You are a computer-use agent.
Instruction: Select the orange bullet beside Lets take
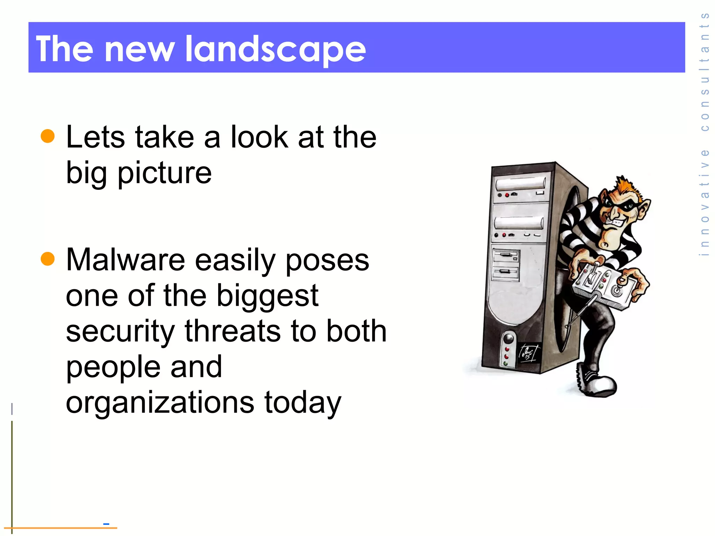(48, 136)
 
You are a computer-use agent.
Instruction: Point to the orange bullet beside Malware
(48, 259)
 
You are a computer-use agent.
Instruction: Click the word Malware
(125, 260)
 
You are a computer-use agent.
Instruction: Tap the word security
(120, 332)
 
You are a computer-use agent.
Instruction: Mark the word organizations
(160, 402)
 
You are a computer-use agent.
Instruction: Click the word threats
(233, 331)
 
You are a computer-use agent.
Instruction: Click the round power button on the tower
(509, 338)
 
